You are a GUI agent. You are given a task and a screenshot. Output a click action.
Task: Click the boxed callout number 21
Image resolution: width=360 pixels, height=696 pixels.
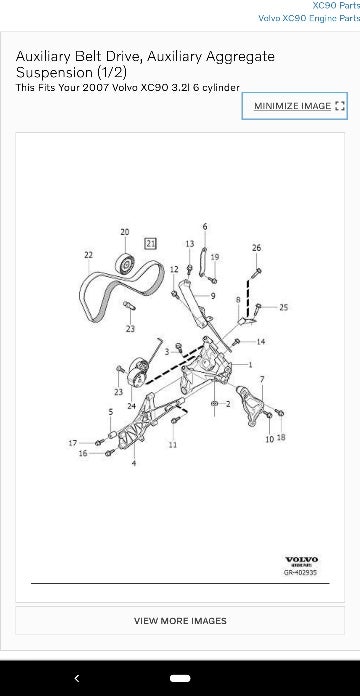pyautogui.click(x=150, y=243)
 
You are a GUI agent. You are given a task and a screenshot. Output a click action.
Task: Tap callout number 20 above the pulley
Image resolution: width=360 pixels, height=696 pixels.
pyautogui.click(x=125, y=232)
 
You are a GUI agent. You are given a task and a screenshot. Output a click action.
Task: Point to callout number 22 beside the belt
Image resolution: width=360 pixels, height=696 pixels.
pyautogui.click(x=89, y=255)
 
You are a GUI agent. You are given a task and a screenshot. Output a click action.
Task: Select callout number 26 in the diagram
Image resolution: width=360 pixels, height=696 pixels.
pyautogui.click(x=257, y=247)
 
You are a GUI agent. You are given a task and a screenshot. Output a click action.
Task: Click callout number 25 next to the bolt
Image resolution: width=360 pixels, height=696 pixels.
pyautogui.click(x=284, y=307)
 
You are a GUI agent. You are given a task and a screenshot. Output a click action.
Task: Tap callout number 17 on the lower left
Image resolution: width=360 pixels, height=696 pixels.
pyautogui.click(x=73, y=442)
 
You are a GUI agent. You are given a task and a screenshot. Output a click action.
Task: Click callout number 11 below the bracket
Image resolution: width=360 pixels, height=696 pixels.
pyautogui.click(x=172, y=444)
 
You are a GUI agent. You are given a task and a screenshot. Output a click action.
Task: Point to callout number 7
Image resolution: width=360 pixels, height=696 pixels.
pyautogui.click(x=262, y=379)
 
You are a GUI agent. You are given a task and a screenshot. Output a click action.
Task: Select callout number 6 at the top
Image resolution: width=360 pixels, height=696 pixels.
pyautogui.click(x=205, y=227)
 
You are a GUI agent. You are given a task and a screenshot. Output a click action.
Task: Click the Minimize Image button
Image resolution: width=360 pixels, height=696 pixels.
pyautogui.click(x=295, y=106)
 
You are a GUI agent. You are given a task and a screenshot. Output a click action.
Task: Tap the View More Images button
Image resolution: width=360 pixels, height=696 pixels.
pyautogui.click(x=180, y=620)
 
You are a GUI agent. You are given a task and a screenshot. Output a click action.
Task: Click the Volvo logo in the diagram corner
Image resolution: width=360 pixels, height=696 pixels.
pyautogui.click(x=301, y=560)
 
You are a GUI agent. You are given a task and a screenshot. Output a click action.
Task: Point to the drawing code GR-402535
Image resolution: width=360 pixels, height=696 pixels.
pyautogui.click(x=301, y=574)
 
